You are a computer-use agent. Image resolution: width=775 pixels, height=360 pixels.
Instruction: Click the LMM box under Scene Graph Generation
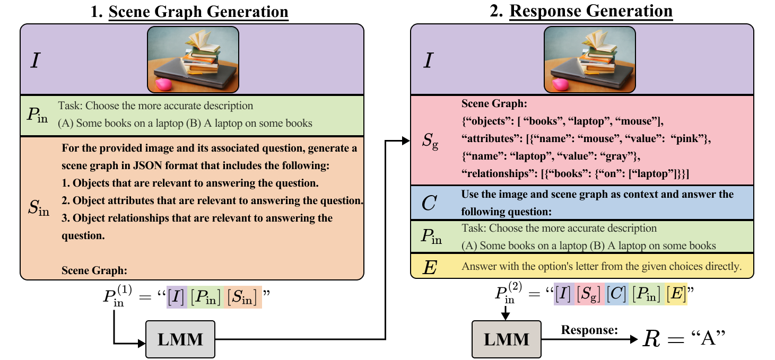coord(180,339)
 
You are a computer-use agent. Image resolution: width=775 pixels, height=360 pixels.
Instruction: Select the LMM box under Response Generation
coord(507,339)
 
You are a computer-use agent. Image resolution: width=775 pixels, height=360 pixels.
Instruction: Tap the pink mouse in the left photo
coord(164,84)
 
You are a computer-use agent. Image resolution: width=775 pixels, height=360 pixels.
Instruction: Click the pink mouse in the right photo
coord(561,84)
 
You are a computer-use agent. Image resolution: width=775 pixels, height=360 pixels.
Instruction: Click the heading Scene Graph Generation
coord(198,12)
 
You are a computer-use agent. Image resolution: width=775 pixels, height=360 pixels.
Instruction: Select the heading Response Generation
coord(591,11)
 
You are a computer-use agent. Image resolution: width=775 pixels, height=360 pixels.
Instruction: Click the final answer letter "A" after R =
coord(708,338)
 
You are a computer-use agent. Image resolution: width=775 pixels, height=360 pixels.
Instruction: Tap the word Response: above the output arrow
coord(589,330)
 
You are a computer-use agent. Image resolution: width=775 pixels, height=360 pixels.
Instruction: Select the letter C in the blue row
coord(429,203)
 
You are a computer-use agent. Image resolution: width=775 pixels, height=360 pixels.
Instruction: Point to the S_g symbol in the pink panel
coord(430,141)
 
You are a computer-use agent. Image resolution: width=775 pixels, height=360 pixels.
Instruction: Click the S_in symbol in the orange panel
coord(38,208)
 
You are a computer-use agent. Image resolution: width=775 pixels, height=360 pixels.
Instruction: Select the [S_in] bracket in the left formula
coord(242,297)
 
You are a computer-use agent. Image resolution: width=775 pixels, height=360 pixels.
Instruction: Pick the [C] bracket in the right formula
coord(616,294)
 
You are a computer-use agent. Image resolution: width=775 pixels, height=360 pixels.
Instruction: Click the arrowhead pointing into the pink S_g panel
coord(406,141)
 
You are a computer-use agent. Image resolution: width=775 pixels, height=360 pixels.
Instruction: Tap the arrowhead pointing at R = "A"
coord(634,339)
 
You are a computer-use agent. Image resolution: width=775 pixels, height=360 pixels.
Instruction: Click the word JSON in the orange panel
coord(148,165)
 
